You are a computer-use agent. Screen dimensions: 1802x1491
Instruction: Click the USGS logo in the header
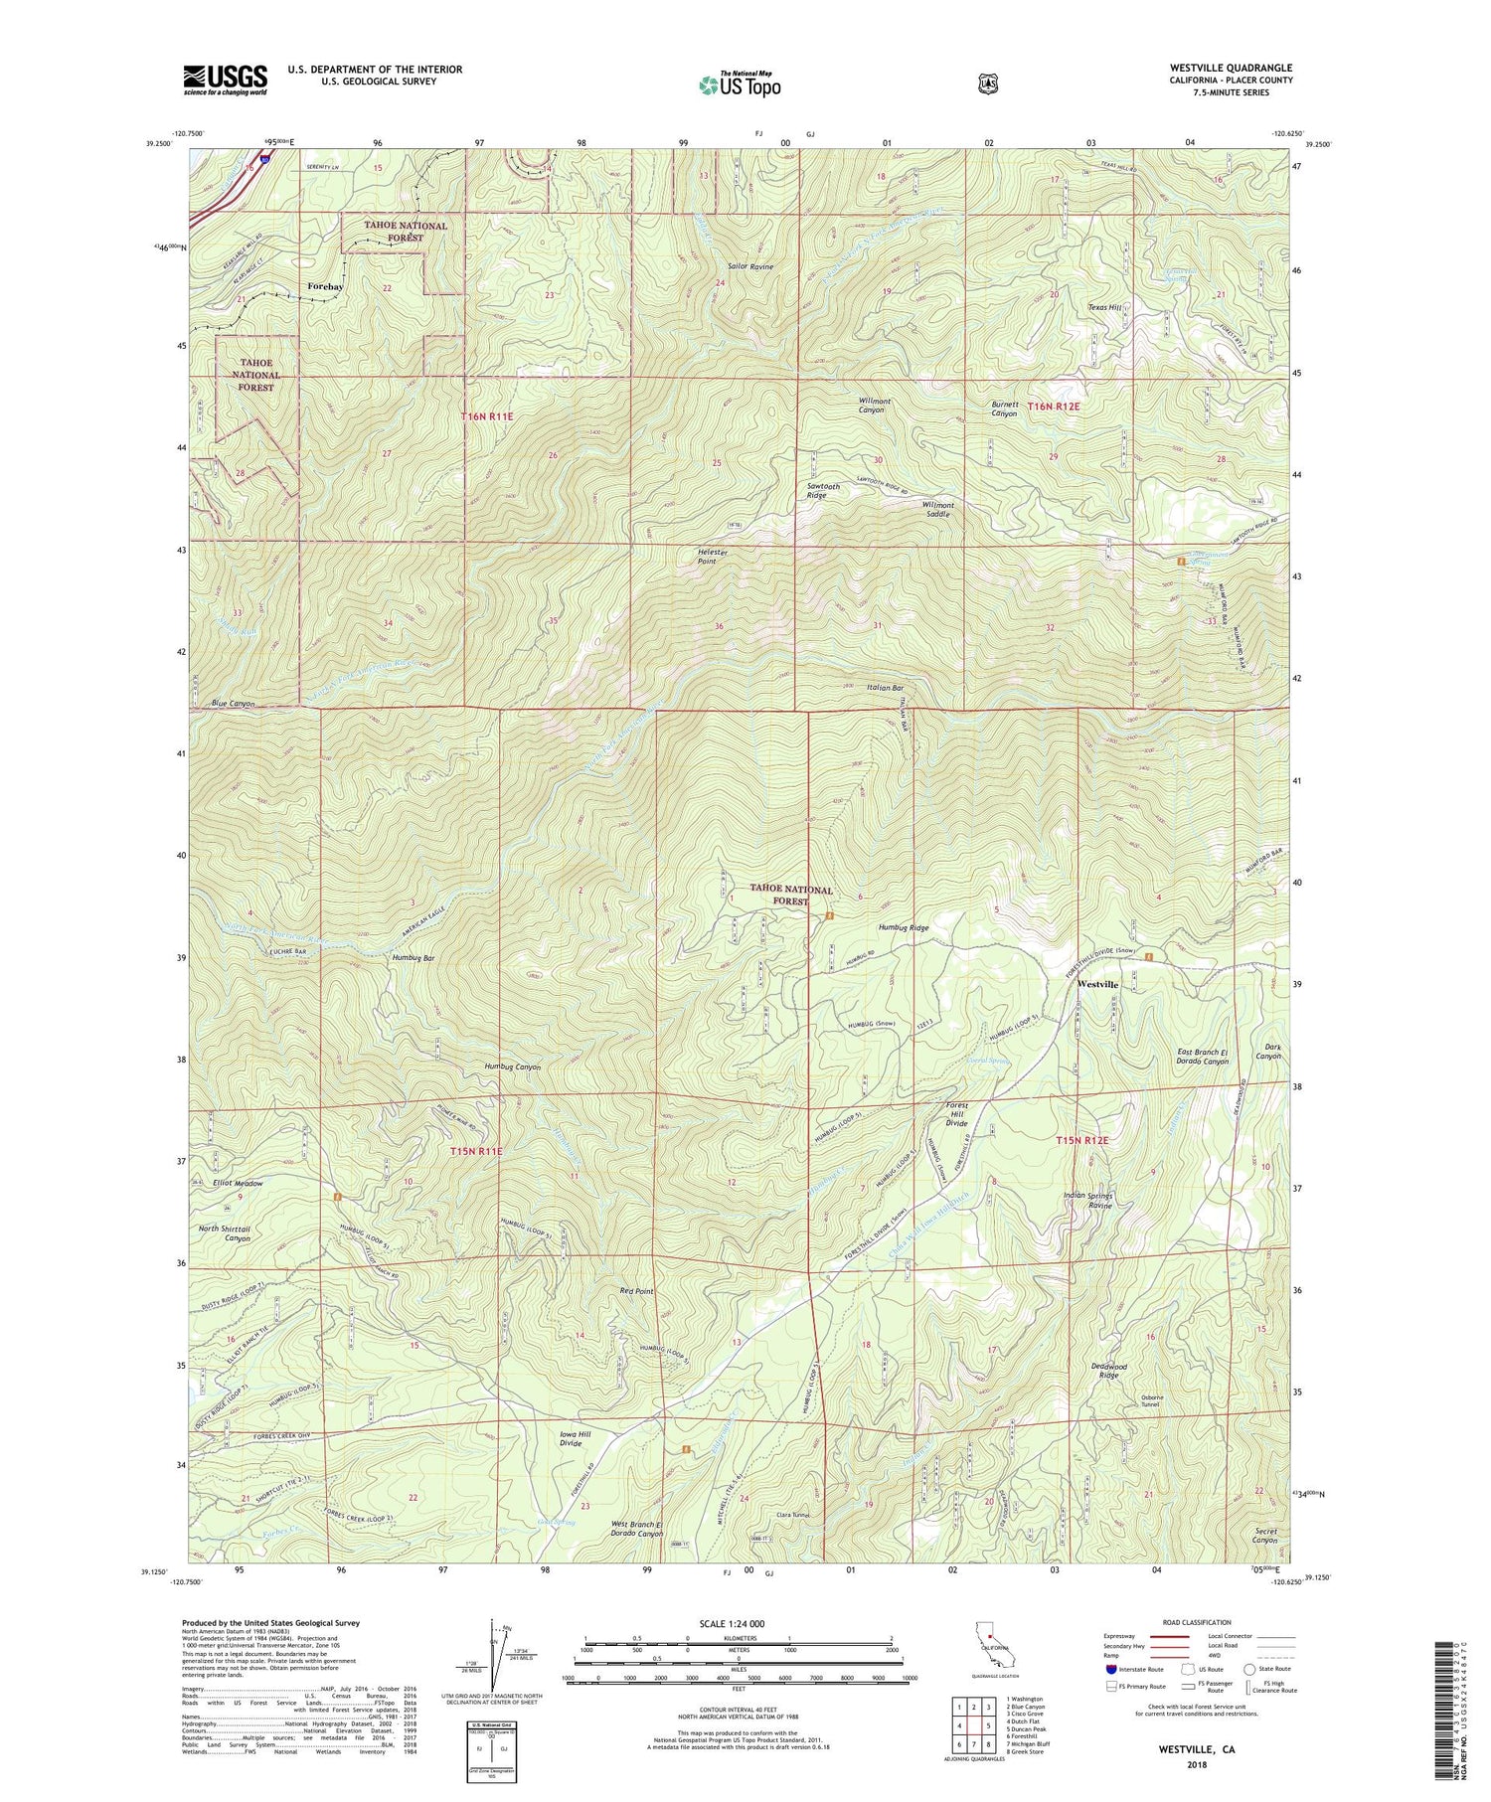point(225,80)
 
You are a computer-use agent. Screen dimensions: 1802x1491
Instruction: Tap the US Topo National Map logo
point(739,84)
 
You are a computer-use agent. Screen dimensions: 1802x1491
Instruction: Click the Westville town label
point(1097,984)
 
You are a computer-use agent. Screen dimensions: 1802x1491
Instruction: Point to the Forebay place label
point(325,286)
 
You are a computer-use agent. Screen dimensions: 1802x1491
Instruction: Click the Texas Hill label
point(1104,308)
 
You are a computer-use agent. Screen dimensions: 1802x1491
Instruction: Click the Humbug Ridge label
point(904,927)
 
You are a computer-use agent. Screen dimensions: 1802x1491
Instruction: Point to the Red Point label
point(636,1291)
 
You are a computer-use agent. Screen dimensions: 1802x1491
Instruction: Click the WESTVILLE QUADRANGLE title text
point(1231,68)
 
